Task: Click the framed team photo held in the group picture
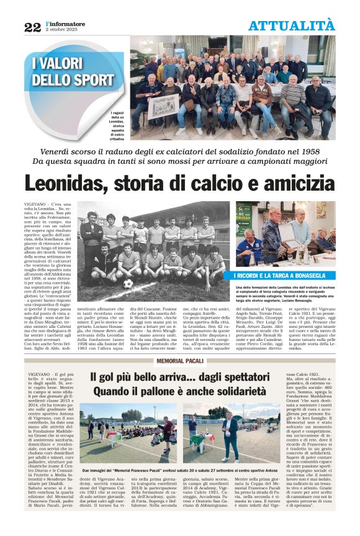(x=162, y=106)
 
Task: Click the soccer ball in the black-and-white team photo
(x=128, y=283)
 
